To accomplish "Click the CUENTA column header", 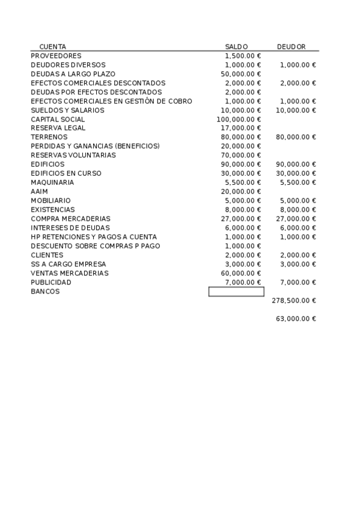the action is pos(52,46).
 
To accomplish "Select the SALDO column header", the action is pos(236,46).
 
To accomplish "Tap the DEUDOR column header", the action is pos(291,46).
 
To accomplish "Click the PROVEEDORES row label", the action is pos(56,56).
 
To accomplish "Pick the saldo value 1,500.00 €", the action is pos(243,56).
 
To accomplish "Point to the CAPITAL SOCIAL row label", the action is pos(58,119).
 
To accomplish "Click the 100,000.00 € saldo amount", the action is pos(239,119).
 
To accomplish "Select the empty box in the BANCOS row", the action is pos(236,292).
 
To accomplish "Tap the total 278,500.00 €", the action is pos(294,300).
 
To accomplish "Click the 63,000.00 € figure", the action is pos(296,318).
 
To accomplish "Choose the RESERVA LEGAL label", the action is pos(58,128).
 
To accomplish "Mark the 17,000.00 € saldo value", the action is pos(241,128).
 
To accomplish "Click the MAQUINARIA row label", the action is pos(52,182).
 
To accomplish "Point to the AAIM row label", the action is pos(39,191).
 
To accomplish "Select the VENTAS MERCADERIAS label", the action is pos(70,273).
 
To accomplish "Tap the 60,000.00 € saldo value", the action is pos(241,273).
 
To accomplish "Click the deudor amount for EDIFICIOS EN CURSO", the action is pos(296,173).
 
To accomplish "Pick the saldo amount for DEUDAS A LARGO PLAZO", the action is pos(241,74).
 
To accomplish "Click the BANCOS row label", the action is pos(45,291).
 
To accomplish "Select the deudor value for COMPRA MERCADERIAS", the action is pos(296,219).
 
